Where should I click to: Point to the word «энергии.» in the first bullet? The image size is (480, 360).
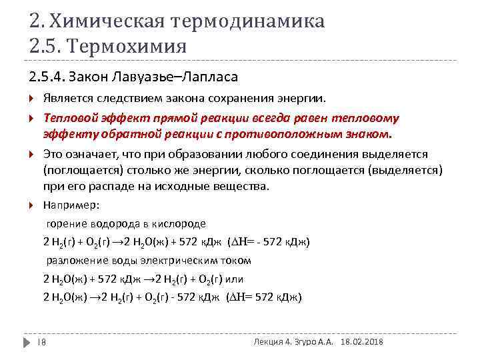[305, 99]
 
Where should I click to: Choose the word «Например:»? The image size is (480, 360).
[71, 205]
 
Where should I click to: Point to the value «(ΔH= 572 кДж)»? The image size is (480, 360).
[265, 297]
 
